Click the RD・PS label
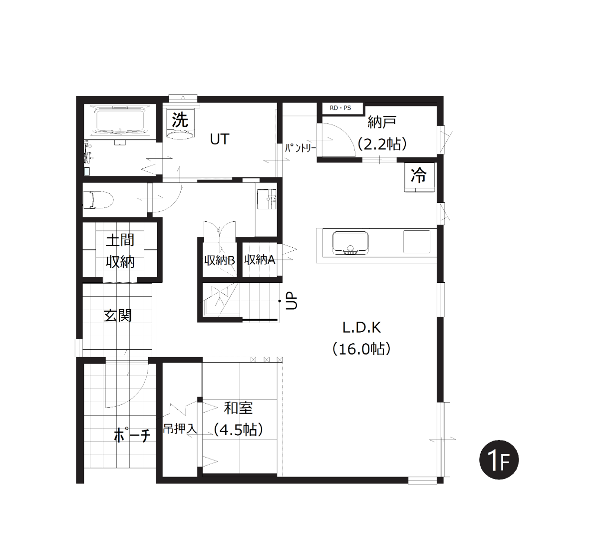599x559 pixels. point(340,108)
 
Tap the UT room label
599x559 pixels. point(220,139)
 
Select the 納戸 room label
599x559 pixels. point(381,122)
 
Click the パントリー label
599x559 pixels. point(300,148)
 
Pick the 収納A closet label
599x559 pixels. point(260,259)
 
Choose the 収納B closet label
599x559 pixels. point(219,260)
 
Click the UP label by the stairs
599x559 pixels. point(292,301)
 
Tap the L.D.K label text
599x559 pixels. point(361,327)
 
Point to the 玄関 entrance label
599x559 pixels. point(118,316)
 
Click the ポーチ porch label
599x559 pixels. point(132,435)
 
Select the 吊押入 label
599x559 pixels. point(180,429)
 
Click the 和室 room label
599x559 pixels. point(238,408)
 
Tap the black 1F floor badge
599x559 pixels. point(499,460)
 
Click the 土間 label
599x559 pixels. point(120,240)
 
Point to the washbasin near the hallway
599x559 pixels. point(267,199)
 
